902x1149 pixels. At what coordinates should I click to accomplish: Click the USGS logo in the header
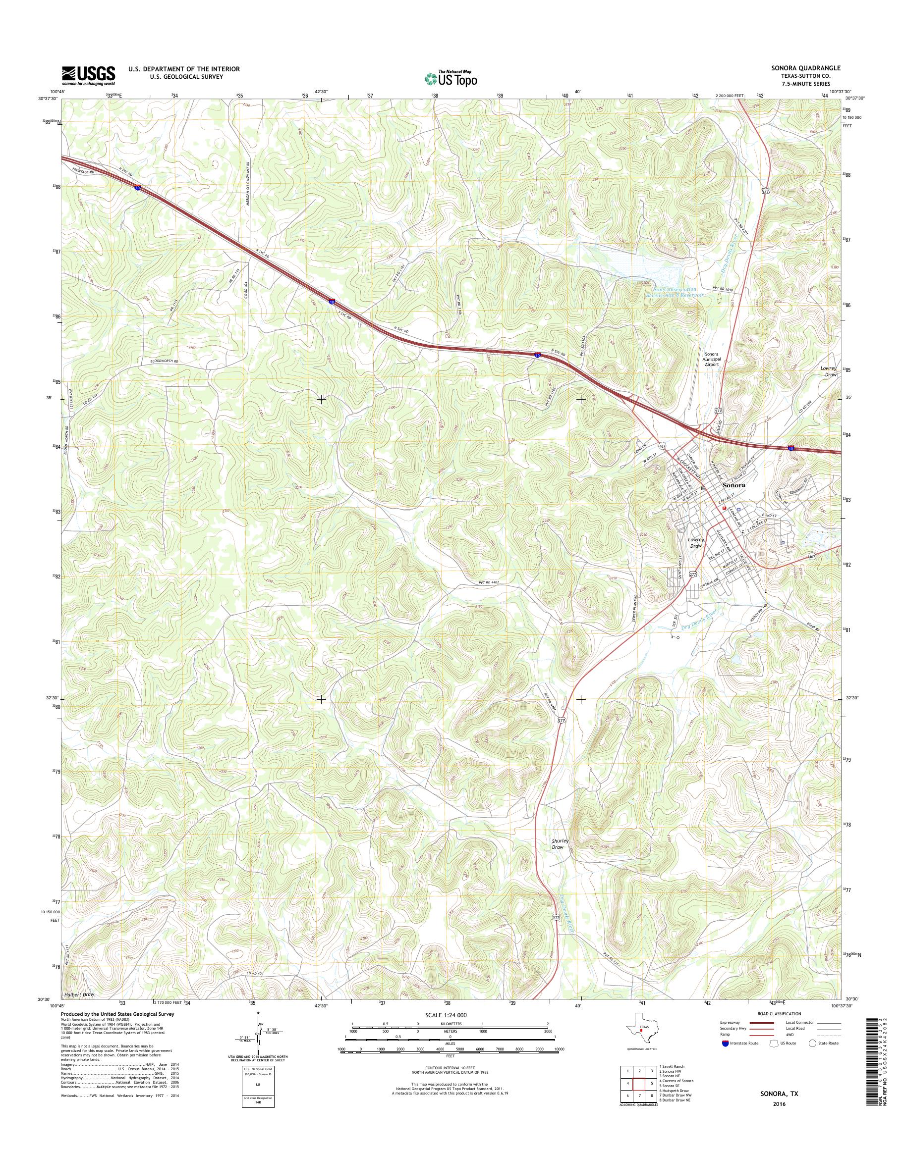pos(89,76)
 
